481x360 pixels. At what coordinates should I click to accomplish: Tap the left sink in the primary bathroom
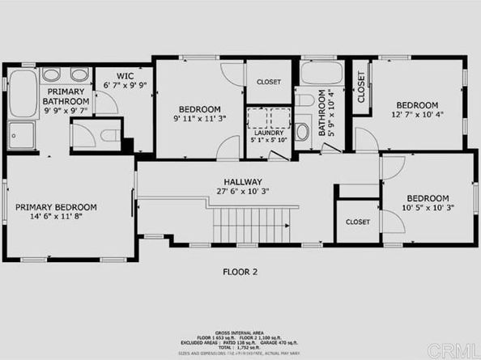(51, 75)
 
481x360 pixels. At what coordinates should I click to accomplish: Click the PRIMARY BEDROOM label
(56, 207)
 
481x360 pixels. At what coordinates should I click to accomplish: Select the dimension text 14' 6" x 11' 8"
(56, 218)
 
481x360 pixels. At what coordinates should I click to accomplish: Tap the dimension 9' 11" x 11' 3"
(198, 120)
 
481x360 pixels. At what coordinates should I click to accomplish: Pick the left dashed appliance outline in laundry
(258, 117)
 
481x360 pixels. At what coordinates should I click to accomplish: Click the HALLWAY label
(243, 182)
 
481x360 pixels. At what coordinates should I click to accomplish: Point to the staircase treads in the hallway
(250, 224)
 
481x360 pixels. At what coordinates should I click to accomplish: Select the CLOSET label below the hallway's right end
(358, 221)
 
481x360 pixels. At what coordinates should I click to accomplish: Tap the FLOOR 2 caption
(240, 273)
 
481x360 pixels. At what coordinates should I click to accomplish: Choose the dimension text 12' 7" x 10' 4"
(416, 116)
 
